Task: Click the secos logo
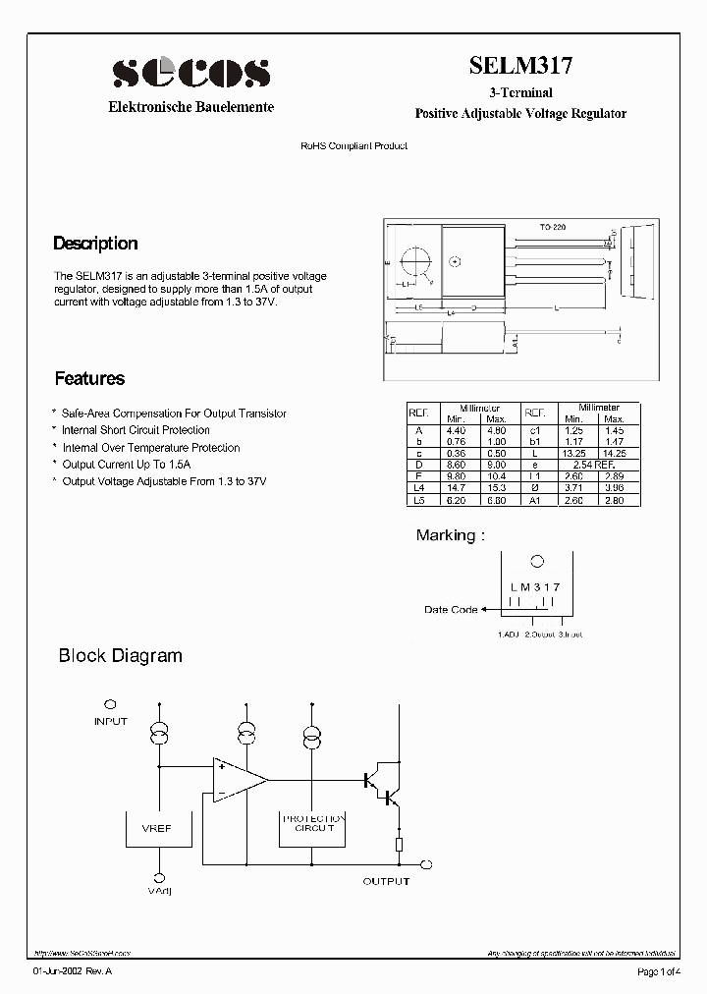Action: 190,73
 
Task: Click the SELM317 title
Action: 520,66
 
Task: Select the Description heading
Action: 95,244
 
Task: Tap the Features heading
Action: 89,378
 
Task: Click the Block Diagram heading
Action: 121,655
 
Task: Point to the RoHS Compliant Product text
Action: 353,145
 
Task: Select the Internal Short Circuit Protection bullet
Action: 136,430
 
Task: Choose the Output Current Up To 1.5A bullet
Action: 127,465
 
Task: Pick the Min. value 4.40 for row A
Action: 456,430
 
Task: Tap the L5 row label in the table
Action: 420,500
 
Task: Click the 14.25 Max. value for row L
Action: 615,454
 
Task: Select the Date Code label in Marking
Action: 451,610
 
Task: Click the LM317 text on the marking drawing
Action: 535,586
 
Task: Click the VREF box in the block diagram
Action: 156,829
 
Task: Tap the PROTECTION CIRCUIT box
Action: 312,823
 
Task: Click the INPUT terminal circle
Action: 110,705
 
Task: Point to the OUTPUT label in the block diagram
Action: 386,881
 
